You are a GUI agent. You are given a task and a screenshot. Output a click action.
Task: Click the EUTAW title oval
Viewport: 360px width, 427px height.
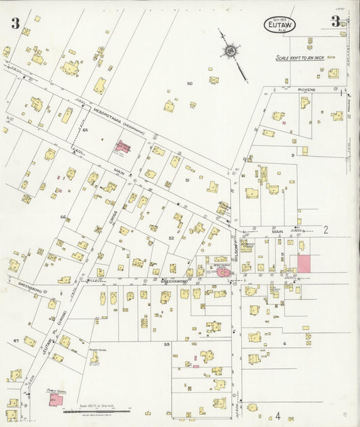[x=280, y=24]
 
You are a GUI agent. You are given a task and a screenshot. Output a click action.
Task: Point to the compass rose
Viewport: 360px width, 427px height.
[x=231, y=51]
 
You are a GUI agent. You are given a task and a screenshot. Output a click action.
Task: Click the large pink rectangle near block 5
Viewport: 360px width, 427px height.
[x=304, y=263]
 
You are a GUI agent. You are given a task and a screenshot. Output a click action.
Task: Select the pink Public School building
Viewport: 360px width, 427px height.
[x=56, y=400]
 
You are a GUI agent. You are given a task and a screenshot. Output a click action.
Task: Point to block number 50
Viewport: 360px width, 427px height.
[x=190, y=84]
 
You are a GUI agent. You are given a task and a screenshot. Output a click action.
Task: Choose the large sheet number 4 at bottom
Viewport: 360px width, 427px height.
[x=277, y=416]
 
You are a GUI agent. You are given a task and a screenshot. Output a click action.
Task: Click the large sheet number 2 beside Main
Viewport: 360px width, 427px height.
[x=325, y=230]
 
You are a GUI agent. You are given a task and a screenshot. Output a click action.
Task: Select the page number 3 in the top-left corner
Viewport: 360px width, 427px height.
[x=14, y=24]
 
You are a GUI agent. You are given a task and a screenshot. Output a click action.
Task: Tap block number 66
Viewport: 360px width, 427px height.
[x=63, y=217]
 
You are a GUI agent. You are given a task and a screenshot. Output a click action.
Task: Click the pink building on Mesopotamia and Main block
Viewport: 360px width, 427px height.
[x=124, y=146]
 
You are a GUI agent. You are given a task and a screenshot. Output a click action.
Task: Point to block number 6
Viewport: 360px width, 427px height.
[x=284, y=344]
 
